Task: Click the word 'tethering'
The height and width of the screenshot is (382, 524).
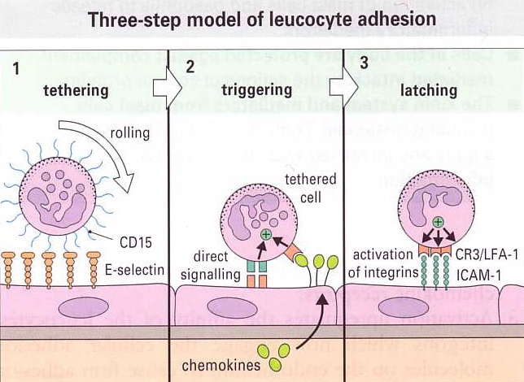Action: click(x=75, y=90)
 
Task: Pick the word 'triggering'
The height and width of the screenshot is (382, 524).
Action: click(x=255, y=90)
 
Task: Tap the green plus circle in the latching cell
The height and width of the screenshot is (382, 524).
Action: click(x=439, y=222)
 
